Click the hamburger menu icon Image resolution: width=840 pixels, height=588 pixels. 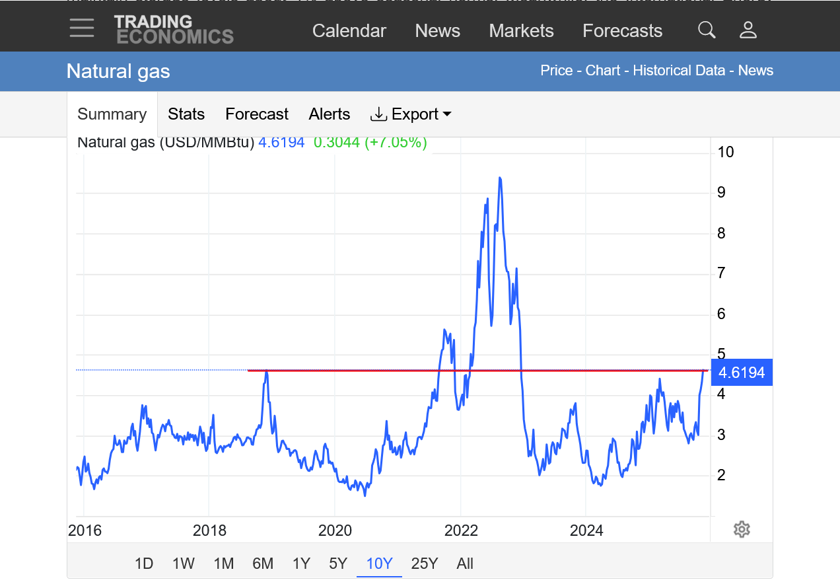pyautogui.click(x=82, y=28)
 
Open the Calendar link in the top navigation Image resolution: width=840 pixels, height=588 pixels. pyautogui.click(x=349, y=31)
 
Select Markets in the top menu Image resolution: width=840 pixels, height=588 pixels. pyautogui.click(x=521, y=31)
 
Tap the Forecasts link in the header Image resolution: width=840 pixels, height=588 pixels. pyautogui.click(x=622, y=31)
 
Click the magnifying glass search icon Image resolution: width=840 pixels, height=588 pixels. pyautogui.click(x=707, y=30)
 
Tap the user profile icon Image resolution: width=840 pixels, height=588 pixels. pyautogui.click(x=748, y=30)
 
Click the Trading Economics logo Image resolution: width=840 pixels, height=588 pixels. pyautogui.click(x=174, y=30)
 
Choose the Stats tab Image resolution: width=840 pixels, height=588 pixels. pyautogui.click(x=186, y=114)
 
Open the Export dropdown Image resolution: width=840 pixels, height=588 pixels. pyautogui.click(x=411, y=114)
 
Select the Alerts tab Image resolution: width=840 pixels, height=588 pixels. pyautogui.click(x=329, y=114)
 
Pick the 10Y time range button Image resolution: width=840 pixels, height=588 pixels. pyautogui.click(x=379, y=564)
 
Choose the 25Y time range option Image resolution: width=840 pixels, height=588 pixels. pyautogui.click(x=424, y=564)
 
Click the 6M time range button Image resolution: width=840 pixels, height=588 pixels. pyautogui.click(x=262, y=564)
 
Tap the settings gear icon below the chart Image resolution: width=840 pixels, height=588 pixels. pyautogui.click(x=742, y=529)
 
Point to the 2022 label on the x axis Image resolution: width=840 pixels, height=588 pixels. pyautogui.click(x=460, y=531)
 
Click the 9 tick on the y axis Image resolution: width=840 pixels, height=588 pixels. pyautogui.click(x=721, y=192)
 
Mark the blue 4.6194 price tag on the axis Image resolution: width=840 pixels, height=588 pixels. pyautogui.click(x=741, y=373)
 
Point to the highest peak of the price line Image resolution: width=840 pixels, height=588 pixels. pyautogui.click(x=500, y=178)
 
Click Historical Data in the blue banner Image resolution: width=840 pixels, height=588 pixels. pyautogui.click(x=679, y=71)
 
